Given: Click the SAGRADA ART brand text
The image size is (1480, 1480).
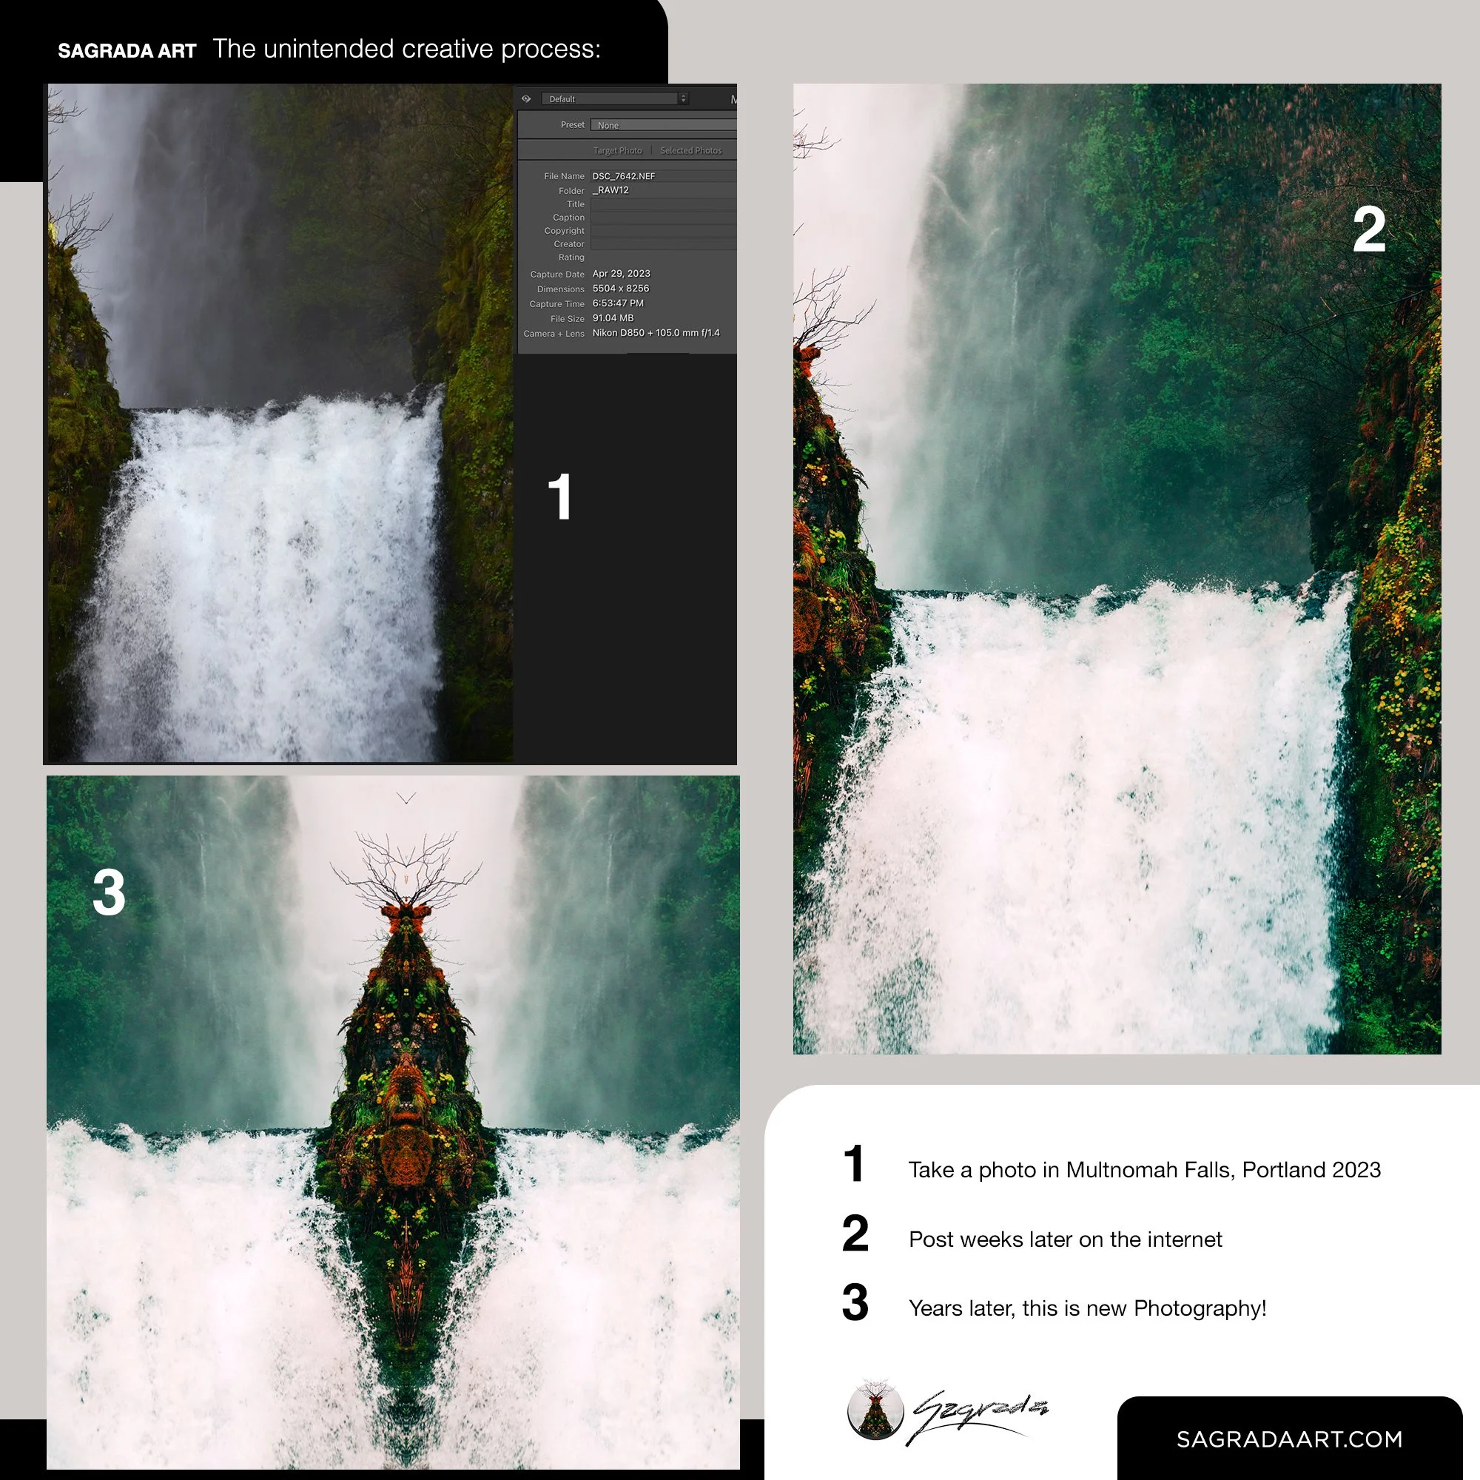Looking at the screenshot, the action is click(127, 50).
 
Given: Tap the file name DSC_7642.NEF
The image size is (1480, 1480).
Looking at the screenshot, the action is click(624, 176).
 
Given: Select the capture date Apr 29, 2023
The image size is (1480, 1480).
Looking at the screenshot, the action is click(622, 274).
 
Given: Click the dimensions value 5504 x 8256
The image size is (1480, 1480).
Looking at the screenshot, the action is click(621, 289).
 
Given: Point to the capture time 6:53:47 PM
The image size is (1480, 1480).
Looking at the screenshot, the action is click(618, 303).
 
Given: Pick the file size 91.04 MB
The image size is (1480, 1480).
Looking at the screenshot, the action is click(613, 318).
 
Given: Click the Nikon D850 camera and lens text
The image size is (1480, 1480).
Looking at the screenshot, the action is click(656, 333).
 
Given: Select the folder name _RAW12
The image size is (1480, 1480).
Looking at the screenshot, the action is click(610, 190).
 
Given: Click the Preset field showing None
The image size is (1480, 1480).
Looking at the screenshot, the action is click(663, 125).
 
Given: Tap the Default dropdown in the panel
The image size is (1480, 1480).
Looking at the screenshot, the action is click(615, 99).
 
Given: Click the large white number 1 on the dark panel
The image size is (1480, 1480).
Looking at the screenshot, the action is click(560, 497).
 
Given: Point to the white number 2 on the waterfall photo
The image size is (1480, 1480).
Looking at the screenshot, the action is click(1369, 229).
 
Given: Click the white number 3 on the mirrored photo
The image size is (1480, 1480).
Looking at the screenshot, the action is click(109, 892).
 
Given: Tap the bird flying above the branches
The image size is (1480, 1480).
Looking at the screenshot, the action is click(406, 798).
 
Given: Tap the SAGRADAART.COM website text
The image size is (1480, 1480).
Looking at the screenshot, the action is click(1289, 1439).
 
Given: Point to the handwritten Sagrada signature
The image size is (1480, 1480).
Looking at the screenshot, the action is click(978, 1416).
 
